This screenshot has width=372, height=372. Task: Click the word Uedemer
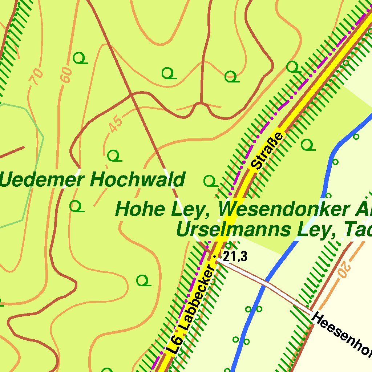tap(43, 180)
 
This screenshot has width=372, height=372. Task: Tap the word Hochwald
tap(138, 180)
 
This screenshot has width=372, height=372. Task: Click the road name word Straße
tap(267, 151)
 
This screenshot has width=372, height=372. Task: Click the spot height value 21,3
tap(235, 257)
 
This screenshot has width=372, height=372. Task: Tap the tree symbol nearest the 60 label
tap(80, 58)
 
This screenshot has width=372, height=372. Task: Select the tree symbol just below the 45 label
tap(114, 156)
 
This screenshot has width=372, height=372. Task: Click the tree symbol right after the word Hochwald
tap(210, 181)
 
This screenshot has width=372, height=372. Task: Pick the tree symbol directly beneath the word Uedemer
tap(76, 206)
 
